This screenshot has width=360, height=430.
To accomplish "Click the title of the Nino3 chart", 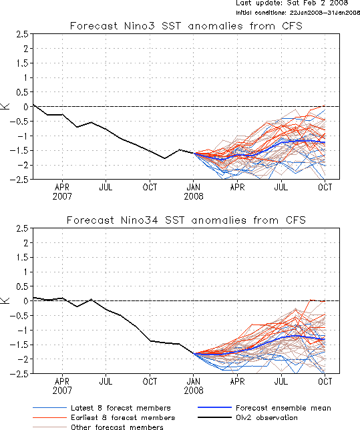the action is [186, 26].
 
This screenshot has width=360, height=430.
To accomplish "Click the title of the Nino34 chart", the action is [186, 220].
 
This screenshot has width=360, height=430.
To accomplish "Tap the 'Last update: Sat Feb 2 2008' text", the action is [292, 3].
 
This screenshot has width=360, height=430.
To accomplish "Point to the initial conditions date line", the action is [298, 13].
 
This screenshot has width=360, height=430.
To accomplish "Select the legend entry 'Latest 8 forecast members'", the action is [121, 408].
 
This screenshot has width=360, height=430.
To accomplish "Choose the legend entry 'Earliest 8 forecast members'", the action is [123, 418].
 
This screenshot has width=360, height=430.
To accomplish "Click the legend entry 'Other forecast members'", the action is [117, 427].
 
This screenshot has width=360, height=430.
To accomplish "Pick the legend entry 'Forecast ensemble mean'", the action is [283, 408].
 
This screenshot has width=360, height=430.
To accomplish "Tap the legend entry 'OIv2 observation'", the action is [266, 418].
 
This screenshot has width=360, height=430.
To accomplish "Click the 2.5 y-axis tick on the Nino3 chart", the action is [22, 34].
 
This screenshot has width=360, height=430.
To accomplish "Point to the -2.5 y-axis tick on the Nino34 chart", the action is [19, 374].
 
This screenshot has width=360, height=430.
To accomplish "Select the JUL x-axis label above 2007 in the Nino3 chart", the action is [106, 188].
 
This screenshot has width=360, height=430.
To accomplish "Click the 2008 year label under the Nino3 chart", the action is [194, 196].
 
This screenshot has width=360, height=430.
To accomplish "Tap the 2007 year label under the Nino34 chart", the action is [62, 390].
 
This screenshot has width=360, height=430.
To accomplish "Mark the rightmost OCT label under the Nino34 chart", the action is [325, 381].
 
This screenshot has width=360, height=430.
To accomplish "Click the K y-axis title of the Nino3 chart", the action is [5, 106].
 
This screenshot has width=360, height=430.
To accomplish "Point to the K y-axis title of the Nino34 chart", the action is [5, 300].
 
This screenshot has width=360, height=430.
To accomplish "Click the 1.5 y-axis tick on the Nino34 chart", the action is [22, 258].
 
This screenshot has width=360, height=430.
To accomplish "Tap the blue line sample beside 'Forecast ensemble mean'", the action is [214, 408].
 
